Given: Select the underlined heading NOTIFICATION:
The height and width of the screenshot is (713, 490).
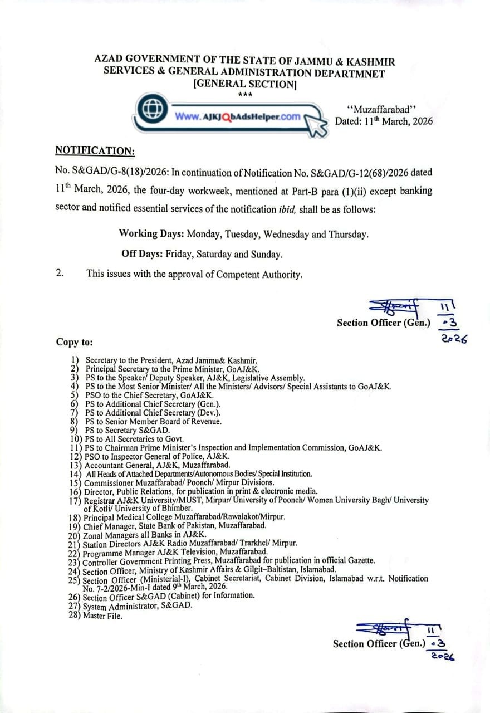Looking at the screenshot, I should pos(95,150).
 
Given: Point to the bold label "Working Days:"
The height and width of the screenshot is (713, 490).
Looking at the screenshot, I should pos(151,234).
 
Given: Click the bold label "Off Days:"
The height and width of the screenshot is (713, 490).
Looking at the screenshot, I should pos(141,254).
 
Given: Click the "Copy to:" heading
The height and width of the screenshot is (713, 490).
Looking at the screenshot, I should pos(74,341).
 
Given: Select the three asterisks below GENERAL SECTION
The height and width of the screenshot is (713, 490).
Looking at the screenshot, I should pos(245,95).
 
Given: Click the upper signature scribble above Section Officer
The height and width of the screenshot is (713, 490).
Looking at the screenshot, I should pos(395,306).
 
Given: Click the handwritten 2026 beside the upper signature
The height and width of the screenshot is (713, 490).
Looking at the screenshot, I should pos(452,339).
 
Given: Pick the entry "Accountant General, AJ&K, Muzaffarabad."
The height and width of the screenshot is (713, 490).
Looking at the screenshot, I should pos(149,465).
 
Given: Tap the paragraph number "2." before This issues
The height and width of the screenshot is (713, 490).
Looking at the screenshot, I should pos(60,274).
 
